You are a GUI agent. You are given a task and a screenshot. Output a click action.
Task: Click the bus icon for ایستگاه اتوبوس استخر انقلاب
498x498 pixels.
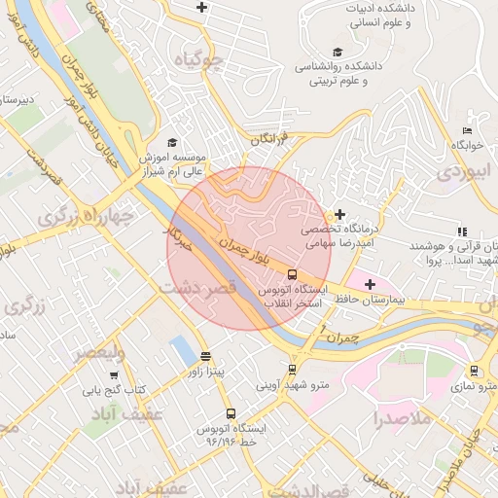coord(267,274)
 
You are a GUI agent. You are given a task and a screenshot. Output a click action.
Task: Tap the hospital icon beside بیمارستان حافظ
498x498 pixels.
coord(369,284)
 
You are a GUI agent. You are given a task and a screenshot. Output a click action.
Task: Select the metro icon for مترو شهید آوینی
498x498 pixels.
coord(292,370)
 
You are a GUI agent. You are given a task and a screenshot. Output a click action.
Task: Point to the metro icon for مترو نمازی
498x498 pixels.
coord(474,371)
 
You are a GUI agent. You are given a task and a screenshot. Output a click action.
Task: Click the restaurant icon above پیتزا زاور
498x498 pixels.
coord(205,356)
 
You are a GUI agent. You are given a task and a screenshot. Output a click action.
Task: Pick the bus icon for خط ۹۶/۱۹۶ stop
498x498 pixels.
coord(231,413)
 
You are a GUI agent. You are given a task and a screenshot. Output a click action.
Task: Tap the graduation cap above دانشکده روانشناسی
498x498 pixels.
coord(338,53)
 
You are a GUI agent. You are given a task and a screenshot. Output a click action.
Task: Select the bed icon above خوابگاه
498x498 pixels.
coord(468,130)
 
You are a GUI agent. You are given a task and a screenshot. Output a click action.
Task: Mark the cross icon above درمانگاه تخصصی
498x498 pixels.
coord(339,214)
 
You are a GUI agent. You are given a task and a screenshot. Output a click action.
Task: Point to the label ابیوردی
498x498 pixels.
coord(459,172)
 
